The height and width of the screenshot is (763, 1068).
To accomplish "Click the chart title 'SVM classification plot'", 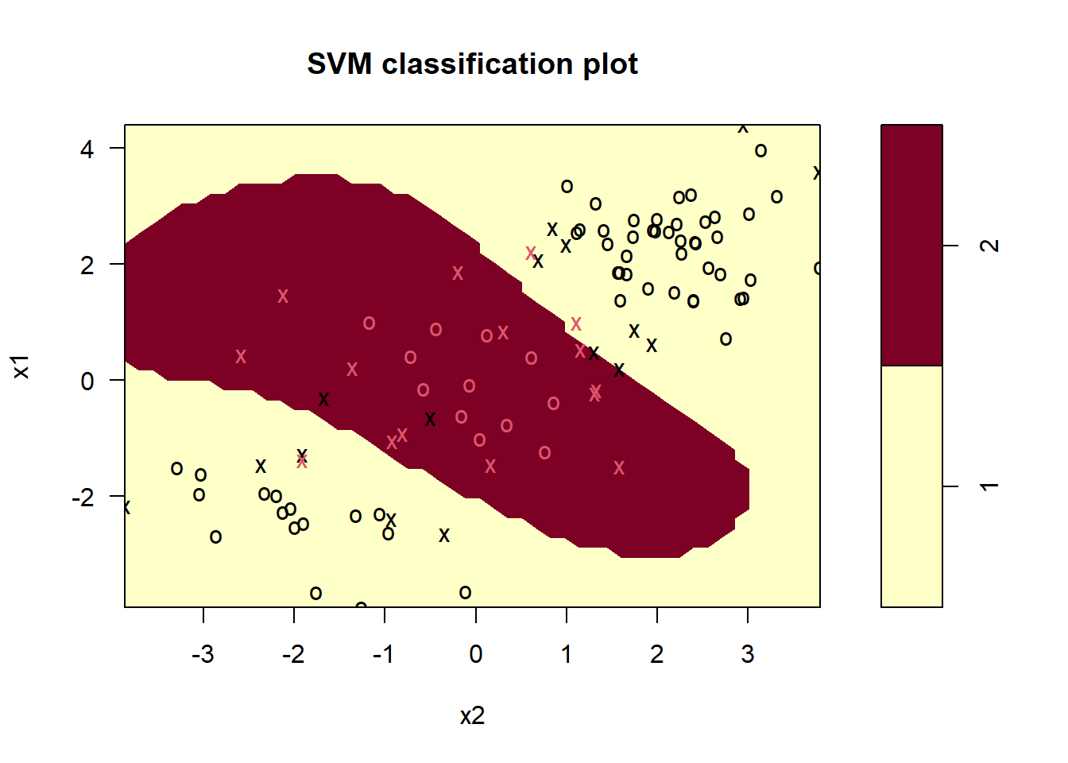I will coord(472,64).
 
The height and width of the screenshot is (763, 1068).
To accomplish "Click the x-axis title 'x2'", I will coord(472,716).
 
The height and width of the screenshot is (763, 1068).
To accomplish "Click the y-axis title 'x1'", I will coord(21,366).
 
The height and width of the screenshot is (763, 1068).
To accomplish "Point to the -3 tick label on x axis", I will coord(203,654).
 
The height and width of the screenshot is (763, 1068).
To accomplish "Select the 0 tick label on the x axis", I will coord(475,654).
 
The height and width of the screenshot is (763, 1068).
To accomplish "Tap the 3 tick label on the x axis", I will coord(748,654).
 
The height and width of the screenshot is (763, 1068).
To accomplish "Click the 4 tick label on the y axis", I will coord(87,149).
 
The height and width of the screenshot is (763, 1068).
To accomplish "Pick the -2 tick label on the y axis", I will coord(83,498).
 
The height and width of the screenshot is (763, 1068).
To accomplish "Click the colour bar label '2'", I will coord(990,246).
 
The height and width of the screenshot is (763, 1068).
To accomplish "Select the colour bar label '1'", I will coord(990,486).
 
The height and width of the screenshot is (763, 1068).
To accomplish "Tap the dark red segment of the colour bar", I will coord(911,245).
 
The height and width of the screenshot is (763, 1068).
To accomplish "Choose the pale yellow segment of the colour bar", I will coord(911,486).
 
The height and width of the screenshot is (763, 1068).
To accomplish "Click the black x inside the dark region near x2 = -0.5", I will coord(430,419).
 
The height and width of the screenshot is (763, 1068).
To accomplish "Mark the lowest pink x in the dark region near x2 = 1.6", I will coord(619,468).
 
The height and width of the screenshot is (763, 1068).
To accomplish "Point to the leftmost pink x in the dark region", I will coord(241,357).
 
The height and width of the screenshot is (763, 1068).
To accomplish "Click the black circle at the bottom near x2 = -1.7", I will coord(315,593).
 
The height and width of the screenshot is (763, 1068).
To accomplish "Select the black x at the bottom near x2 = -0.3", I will coord(444,536).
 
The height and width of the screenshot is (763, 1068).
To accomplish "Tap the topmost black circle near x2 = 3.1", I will coord(760,150).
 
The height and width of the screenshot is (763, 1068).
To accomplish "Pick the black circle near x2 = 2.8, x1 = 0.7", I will coord(726,339).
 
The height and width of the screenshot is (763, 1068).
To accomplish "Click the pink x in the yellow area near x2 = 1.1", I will coord(576,324).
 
